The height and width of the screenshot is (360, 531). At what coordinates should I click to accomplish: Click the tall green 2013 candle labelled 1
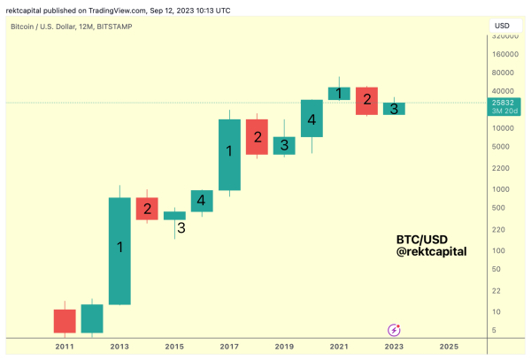119,250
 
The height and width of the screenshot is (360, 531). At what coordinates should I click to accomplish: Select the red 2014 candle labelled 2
147,209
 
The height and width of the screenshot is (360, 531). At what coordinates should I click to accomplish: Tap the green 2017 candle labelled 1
229,155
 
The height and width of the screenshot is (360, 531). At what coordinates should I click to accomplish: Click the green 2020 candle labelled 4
312,118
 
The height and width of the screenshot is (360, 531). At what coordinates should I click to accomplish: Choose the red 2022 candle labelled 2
366,100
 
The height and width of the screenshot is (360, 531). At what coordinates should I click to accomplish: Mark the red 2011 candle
65,320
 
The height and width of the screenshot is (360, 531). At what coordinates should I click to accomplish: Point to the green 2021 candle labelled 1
339,93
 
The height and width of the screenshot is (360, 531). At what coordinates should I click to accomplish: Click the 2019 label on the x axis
284,346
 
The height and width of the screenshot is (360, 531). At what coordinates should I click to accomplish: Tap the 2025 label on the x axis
449,346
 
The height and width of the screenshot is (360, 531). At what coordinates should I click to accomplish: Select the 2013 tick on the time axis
119,346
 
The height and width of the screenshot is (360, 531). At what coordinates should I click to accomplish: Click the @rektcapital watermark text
431,252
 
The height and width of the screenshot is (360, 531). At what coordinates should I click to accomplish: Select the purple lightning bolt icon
394,329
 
